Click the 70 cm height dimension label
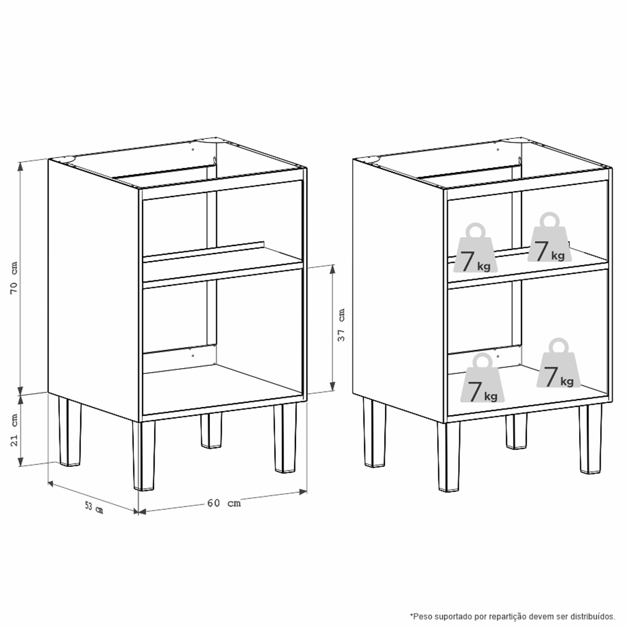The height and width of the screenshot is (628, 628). [14, 279]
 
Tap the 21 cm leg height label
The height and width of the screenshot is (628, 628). [14, 430]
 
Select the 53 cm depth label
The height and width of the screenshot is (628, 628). [94, 508]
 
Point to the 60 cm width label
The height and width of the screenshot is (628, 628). [224, 502]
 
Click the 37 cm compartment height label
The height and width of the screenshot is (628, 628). [341, 325]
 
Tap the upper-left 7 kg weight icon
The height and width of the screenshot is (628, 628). [476, 248]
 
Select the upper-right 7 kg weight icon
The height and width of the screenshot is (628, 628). [549, 237]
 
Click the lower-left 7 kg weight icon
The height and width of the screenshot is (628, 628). [483, 378]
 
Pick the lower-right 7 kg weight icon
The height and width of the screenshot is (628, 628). [558, 363]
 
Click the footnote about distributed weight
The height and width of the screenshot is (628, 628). [512, 616]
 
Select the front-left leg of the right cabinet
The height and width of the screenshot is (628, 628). [448, 456]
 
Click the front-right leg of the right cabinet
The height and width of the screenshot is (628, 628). [590, 438]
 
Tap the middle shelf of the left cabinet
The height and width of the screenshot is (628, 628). [223, 266]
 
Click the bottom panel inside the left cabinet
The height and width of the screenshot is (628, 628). [223, 388]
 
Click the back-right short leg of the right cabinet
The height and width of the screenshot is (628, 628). [516, 431]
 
